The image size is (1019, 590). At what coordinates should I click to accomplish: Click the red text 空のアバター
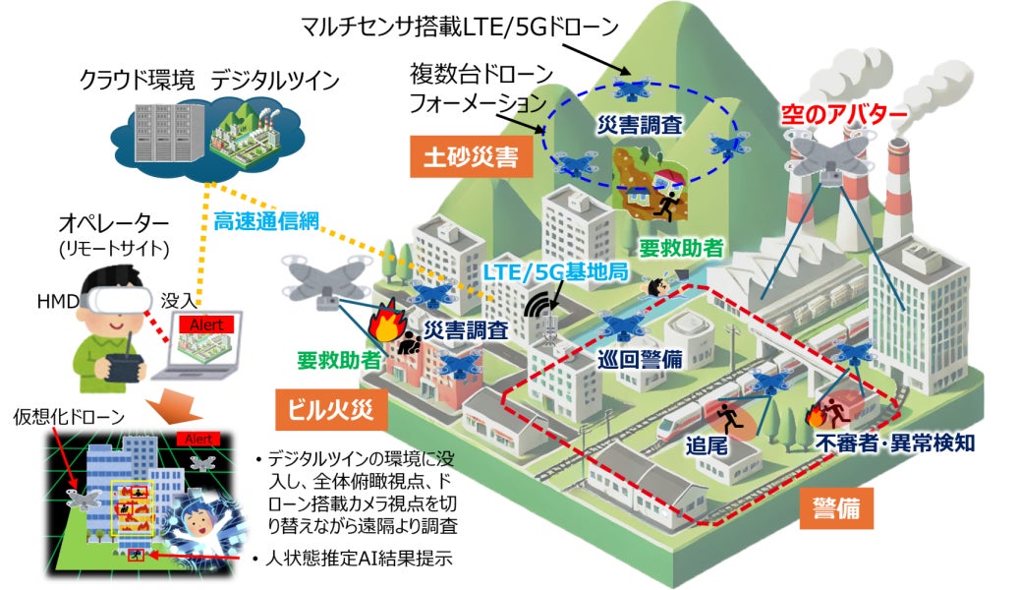coord(845,113)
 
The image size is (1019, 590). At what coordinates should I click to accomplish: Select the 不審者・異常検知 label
coord(895,442)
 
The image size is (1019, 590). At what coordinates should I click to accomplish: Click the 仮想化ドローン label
coord(69,417)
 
